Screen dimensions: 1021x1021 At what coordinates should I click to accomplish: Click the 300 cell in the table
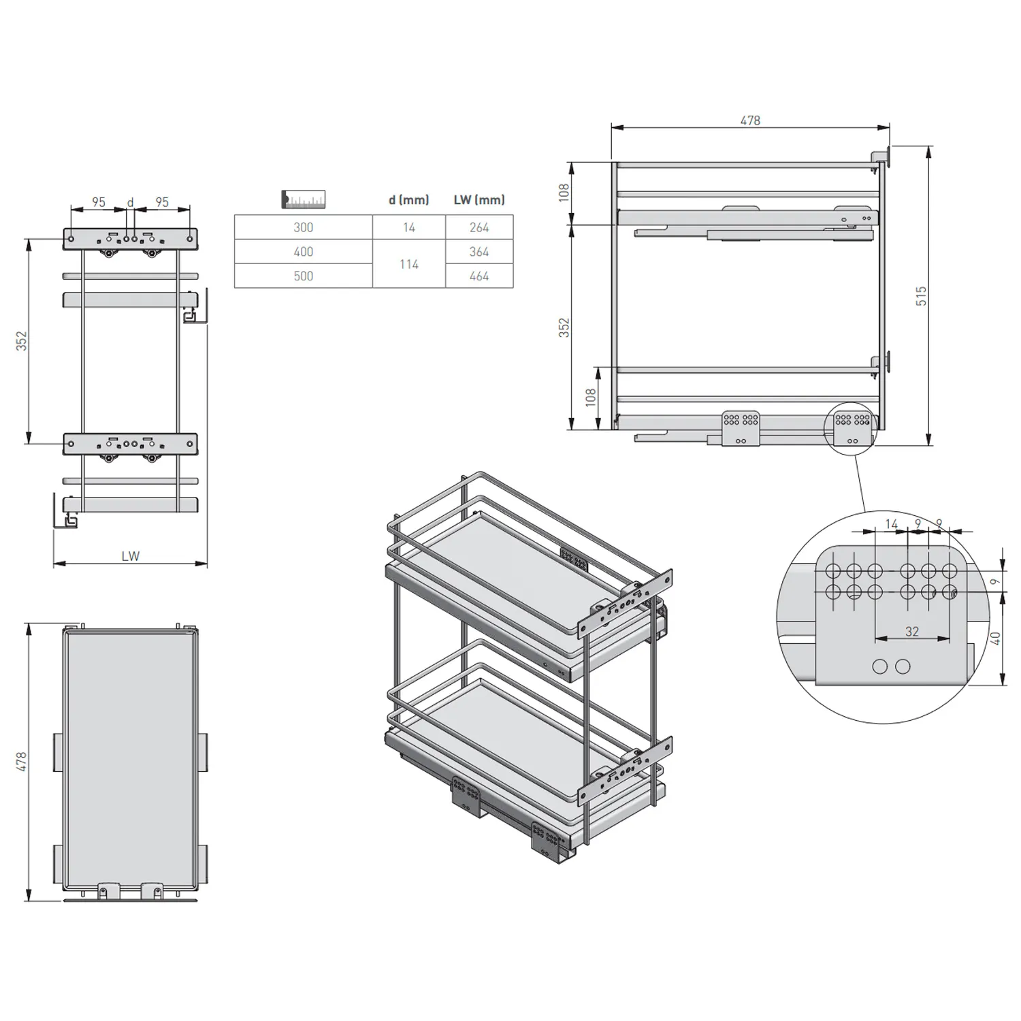point(304,227)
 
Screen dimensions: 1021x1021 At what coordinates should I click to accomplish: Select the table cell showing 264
point(479,227)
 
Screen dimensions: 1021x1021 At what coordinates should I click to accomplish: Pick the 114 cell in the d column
point(409,264)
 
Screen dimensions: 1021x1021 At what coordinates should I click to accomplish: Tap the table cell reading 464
point(479,276)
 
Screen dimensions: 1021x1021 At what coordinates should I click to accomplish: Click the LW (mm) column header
point(479,200)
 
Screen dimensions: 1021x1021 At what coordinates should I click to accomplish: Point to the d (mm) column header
point(409,200)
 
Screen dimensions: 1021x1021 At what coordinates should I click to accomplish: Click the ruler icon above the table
point(304,199)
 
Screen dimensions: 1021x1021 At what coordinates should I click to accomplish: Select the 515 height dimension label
point(921,295)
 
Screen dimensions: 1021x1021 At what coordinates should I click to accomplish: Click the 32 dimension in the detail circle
point(912,632)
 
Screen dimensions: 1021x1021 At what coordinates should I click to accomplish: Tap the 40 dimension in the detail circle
point(995,638)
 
